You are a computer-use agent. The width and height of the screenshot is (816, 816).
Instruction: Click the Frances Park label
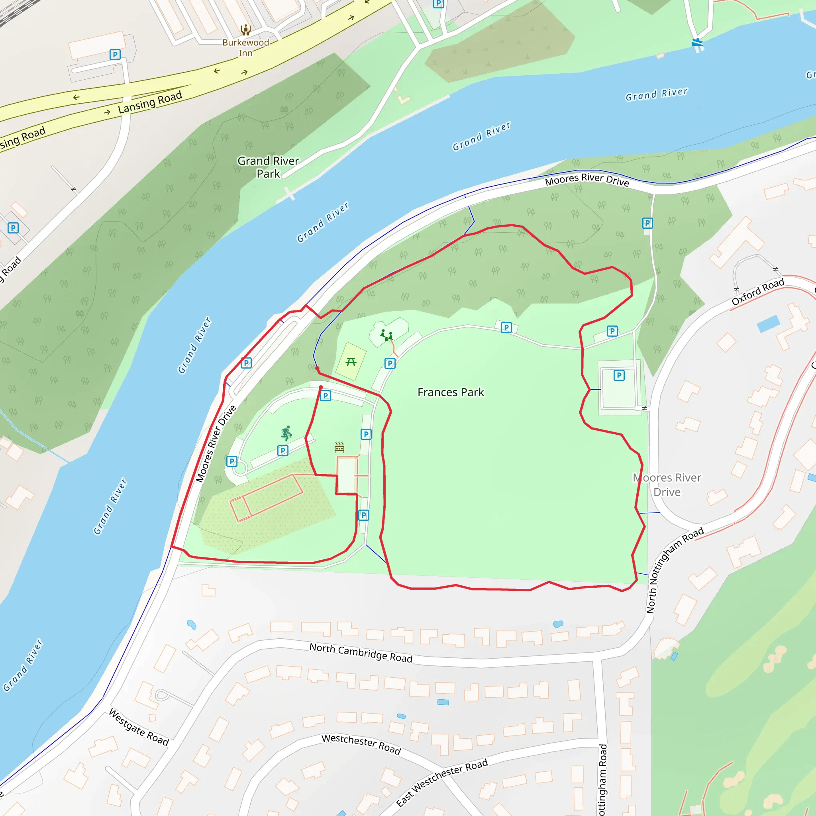point(450,392)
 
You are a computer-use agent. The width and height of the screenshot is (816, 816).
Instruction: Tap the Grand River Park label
point(268,167)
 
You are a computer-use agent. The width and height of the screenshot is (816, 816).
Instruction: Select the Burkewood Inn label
point(246,48)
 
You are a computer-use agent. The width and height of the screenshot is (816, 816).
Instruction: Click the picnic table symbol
point(351,361)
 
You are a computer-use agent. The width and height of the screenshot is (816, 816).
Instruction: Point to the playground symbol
point(386,336)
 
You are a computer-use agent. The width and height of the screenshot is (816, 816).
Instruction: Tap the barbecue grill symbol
point(339,447)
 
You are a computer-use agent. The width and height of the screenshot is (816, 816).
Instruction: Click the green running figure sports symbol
point(286,433)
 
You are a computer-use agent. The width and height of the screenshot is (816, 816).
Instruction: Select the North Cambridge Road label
point(361,653)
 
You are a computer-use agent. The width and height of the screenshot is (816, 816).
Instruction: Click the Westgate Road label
point(139,727)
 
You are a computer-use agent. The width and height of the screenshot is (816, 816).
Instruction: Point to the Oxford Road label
point(758,292)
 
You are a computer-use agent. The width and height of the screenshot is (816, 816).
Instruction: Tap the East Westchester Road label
point(442,782)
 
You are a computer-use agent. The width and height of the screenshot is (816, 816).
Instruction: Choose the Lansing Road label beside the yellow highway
point(150,102)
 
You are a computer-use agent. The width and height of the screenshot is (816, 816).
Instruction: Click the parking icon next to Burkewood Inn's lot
point(115,55)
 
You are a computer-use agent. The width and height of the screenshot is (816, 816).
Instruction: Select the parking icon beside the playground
point(390,363)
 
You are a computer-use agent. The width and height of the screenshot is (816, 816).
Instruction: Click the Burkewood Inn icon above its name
point(246,29)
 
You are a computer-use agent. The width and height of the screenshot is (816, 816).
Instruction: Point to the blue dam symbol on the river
point(697,43)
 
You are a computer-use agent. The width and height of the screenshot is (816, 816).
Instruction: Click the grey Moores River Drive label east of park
point(667,485)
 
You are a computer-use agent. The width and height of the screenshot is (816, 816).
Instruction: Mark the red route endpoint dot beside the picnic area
point(317,368)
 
